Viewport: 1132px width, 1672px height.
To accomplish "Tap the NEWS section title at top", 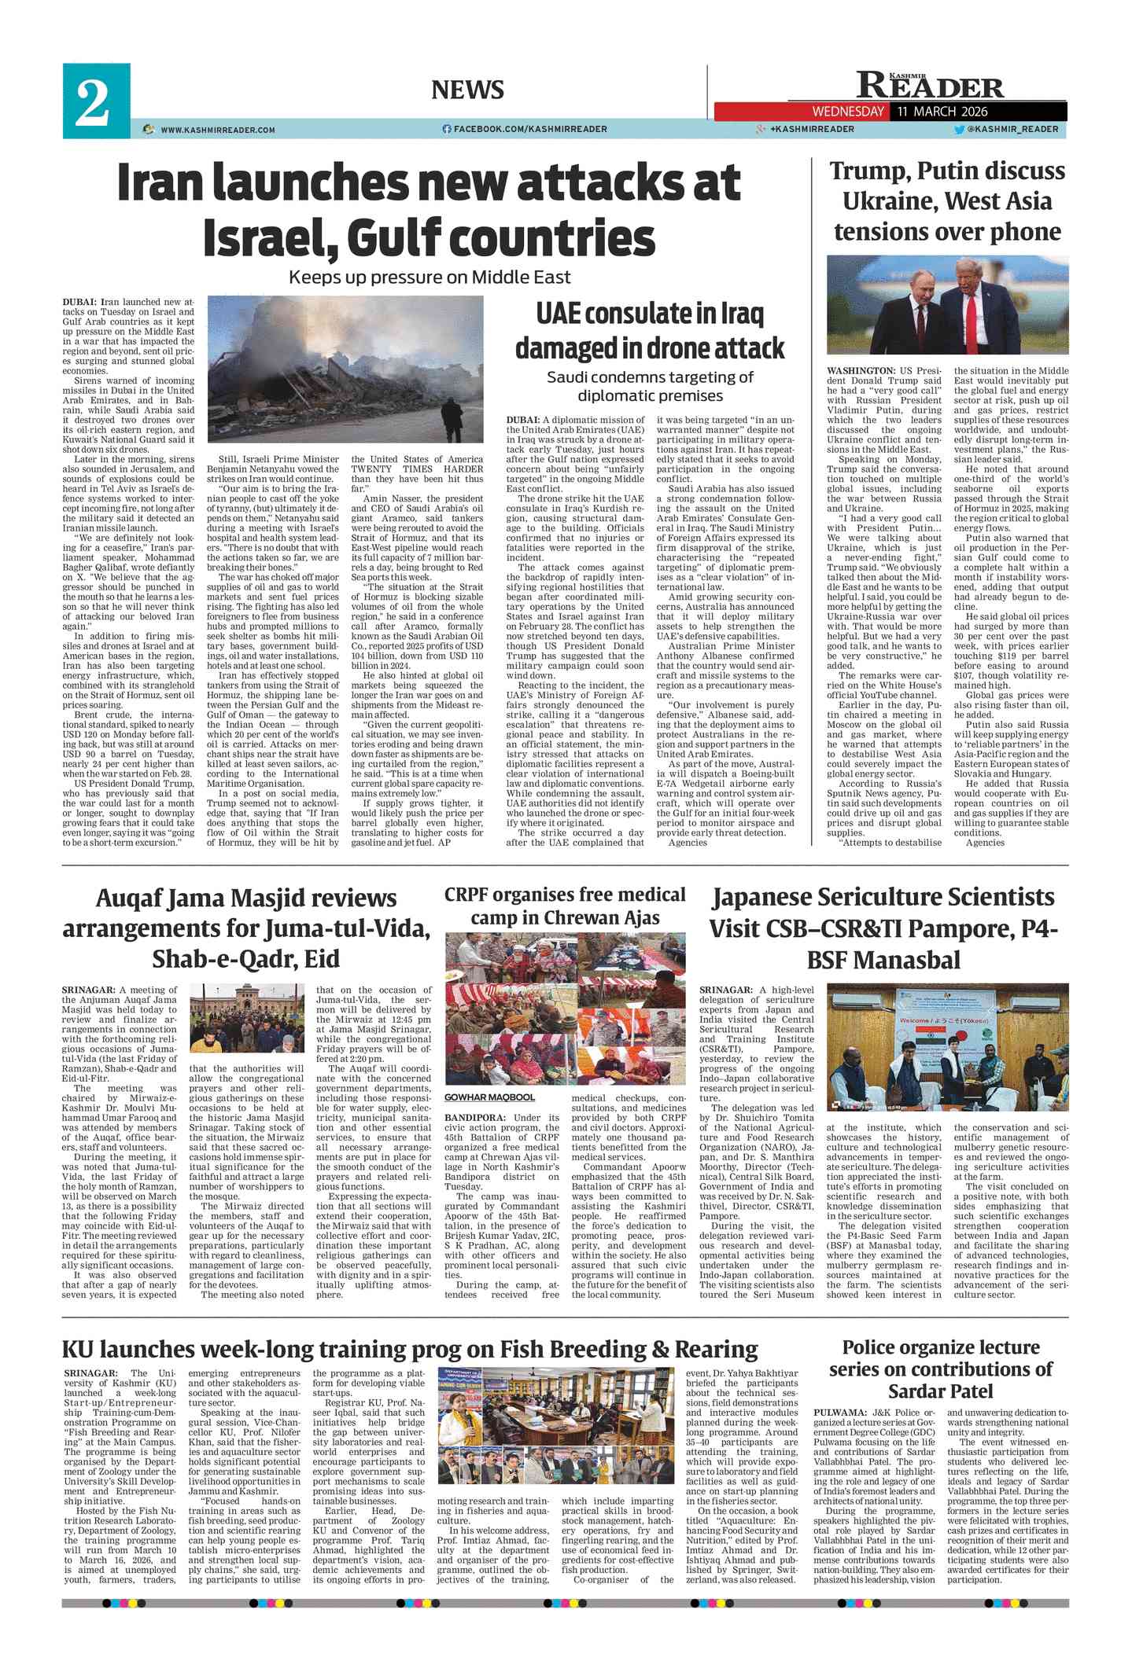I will click(x=467, y=90).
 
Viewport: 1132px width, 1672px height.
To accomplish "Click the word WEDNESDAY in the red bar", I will click(x=848, y=112).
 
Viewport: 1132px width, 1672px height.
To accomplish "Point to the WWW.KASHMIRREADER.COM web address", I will click(x=217, y=130).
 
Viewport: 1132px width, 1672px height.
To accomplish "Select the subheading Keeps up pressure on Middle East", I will click(x=430, y=277).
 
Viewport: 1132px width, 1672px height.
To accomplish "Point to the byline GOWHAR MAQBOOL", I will click(x=489, y=1097).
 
